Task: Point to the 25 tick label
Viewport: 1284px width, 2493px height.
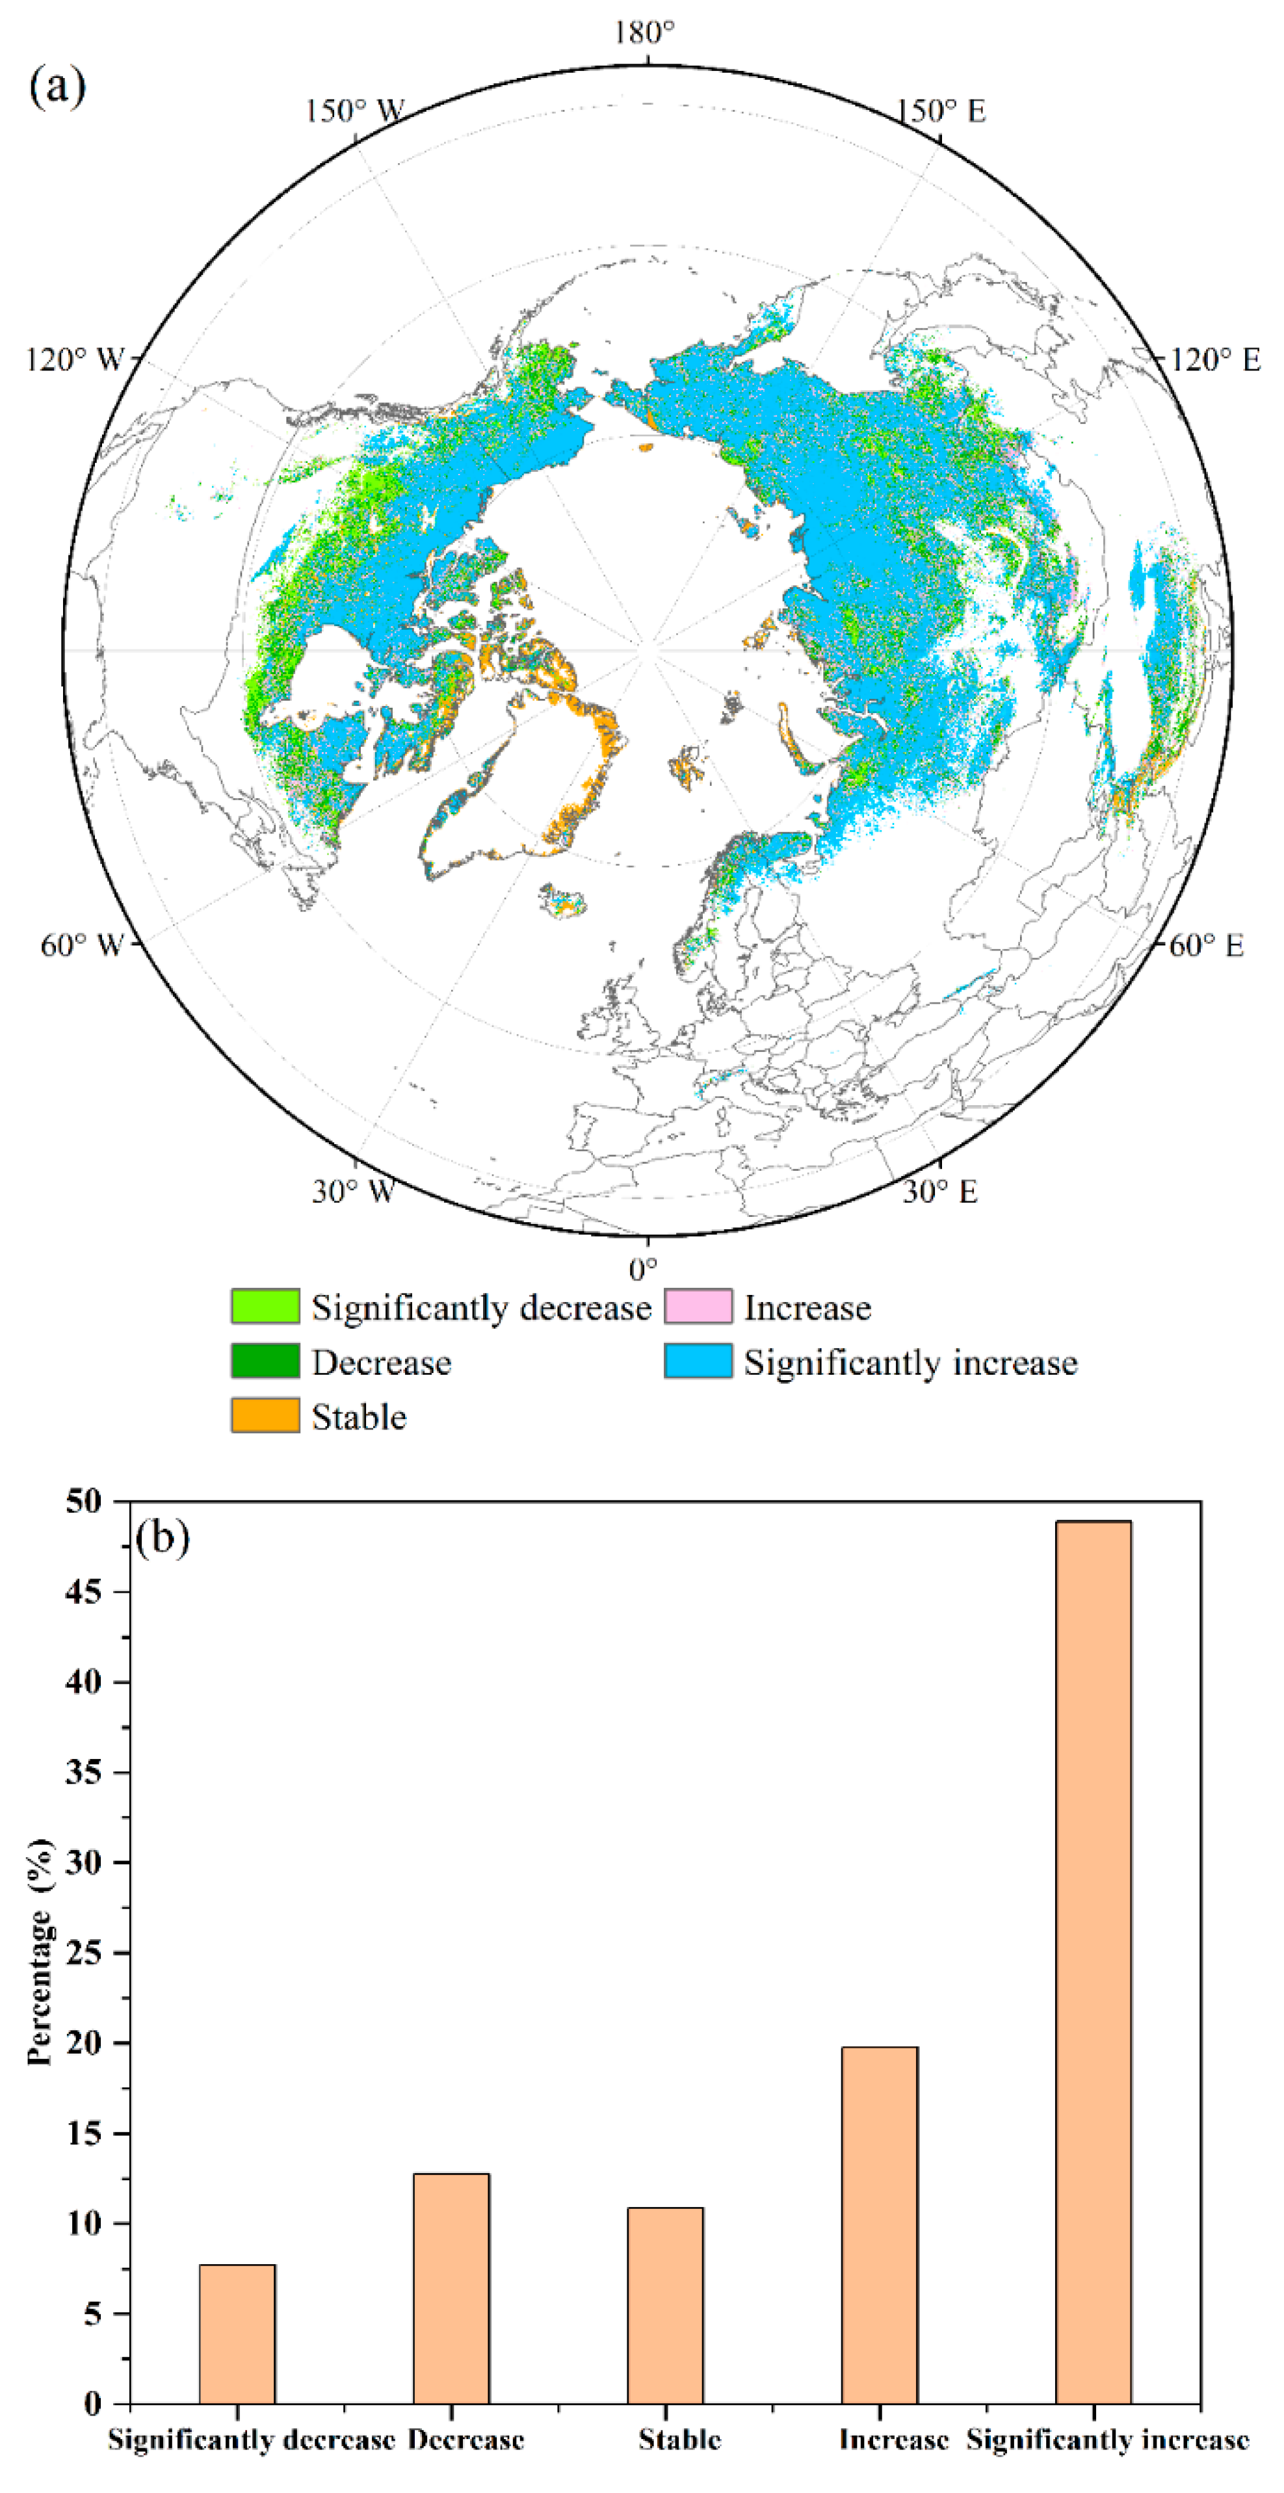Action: [83, 1952]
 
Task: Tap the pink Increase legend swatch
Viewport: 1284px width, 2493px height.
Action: [698, 1307]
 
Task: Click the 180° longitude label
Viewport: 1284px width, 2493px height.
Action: [644, 33]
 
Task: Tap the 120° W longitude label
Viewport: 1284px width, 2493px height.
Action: [75, 360]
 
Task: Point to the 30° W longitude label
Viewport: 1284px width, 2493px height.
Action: [353, 1192]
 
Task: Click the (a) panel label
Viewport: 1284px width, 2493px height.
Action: [57, 87]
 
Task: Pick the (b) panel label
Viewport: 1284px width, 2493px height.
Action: [163, 1537]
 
